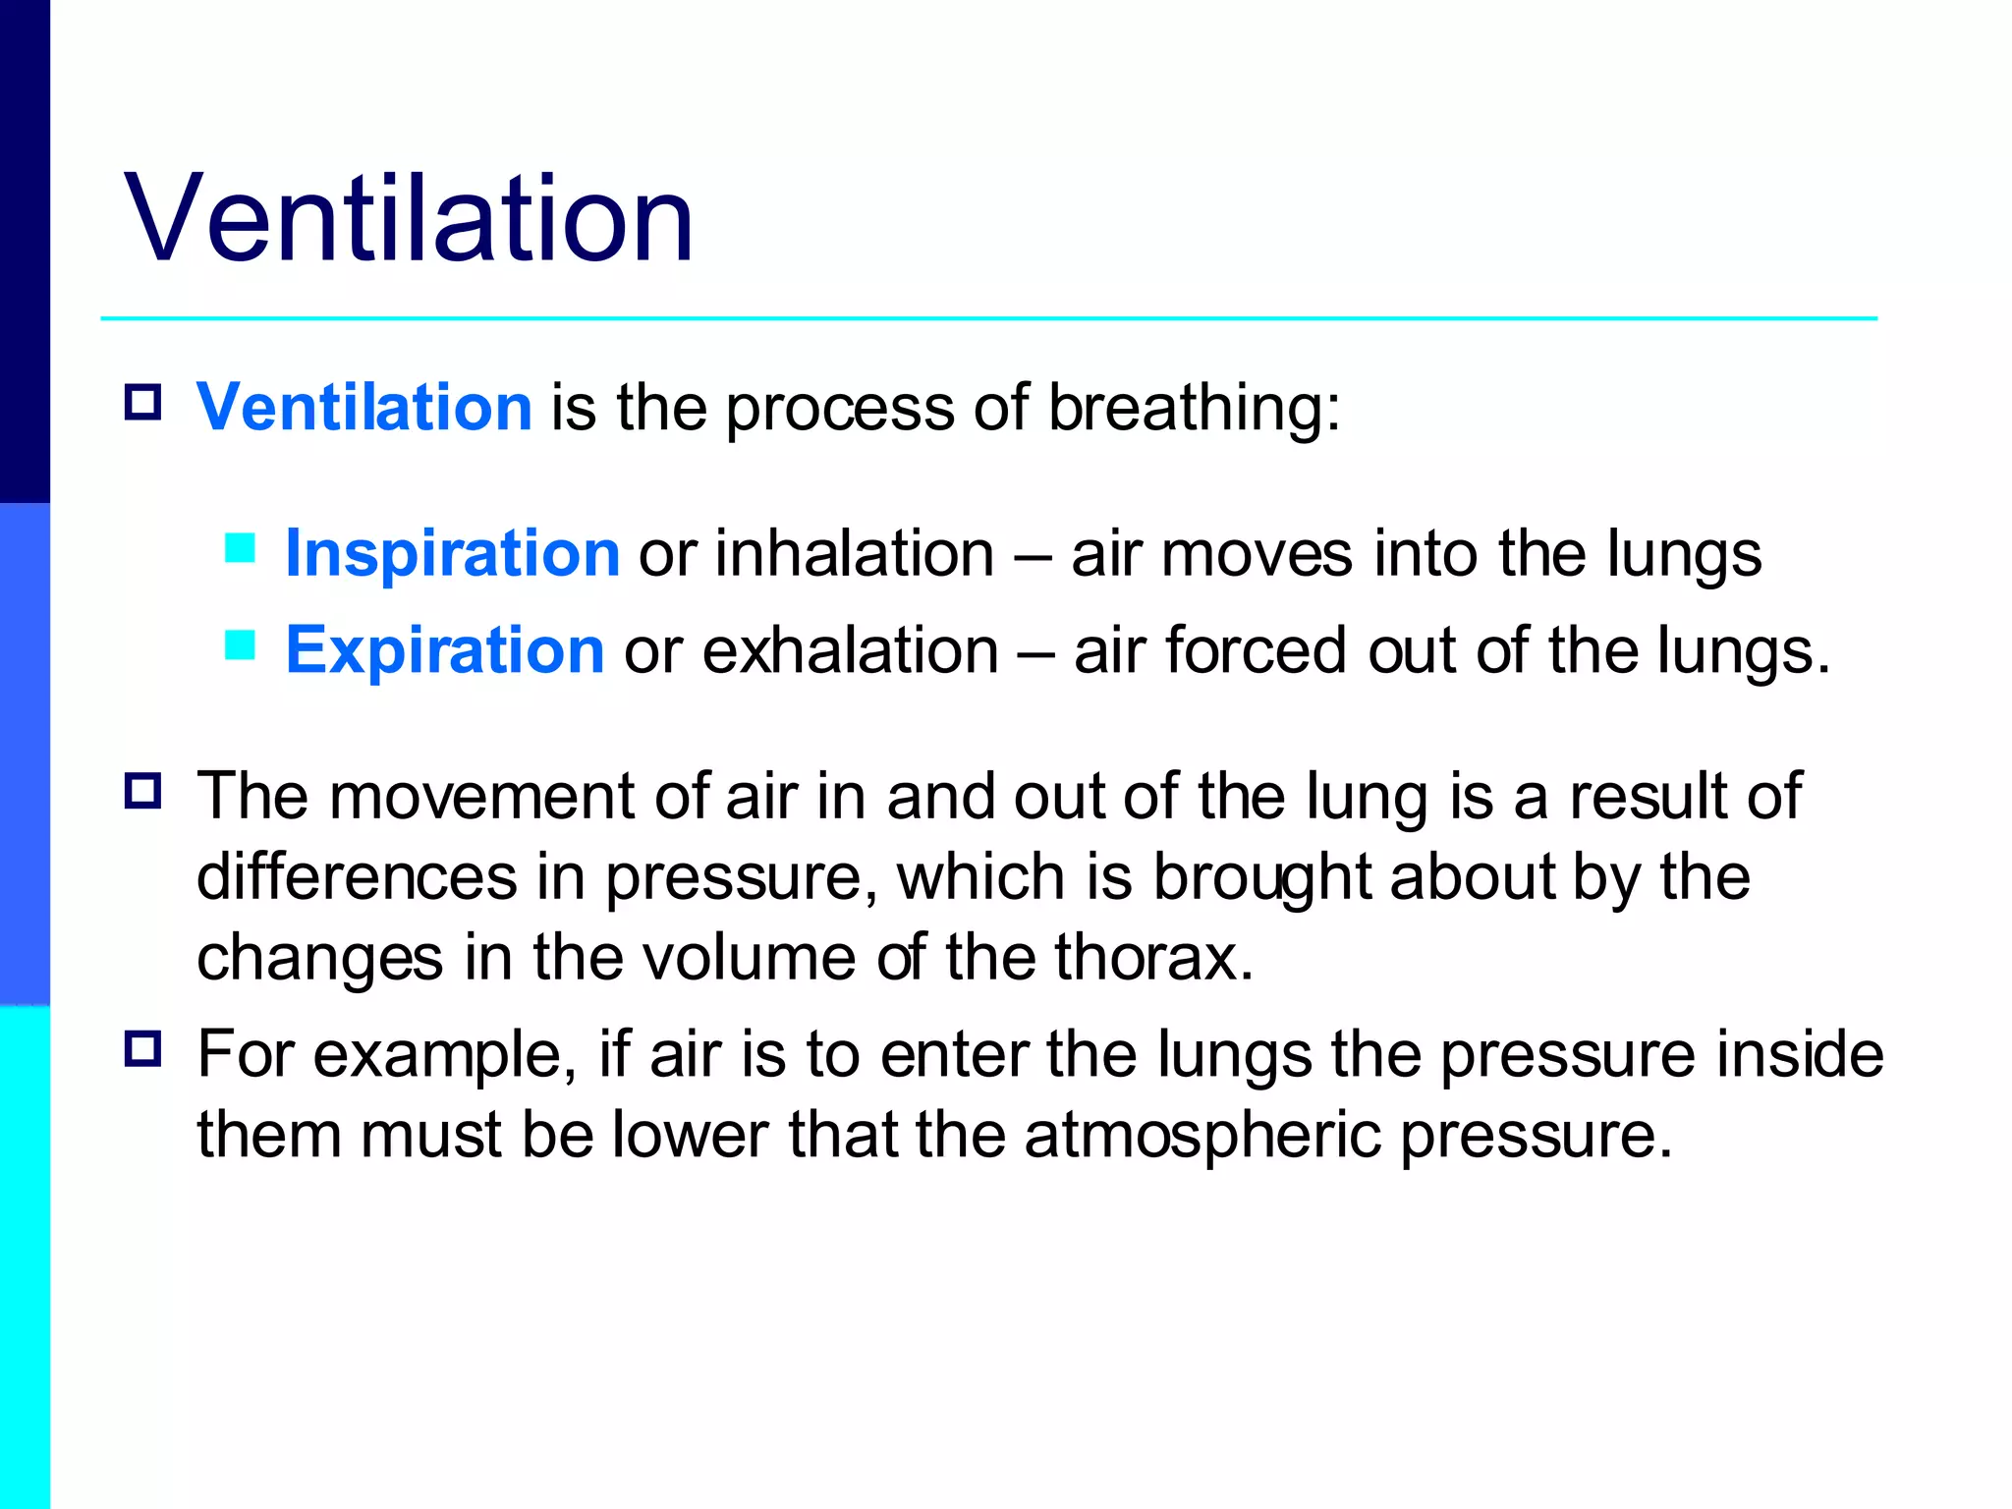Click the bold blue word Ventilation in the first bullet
click(363, 407)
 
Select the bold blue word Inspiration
click(452, 553)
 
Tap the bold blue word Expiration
click(444, 650)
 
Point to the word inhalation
click(855, 553)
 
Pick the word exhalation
click(851, 650)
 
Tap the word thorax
click(1154, 957)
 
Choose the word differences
click(357, 876)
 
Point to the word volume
click(749, 957)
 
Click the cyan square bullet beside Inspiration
click(240, 547)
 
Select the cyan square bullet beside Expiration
click(240, 644)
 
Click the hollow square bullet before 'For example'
click(143, 1049)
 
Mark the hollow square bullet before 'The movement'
click(143, 790)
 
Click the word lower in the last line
click(690, 1136)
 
